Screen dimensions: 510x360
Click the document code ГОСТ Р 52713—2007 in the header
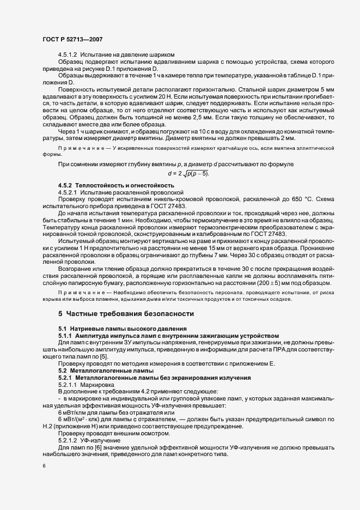click(x=71, y=39)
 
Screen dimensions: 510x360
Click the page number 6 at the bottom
click(x=44, y=466)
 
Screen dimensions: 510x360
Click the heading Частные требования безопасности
click(x=127, y=314)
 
